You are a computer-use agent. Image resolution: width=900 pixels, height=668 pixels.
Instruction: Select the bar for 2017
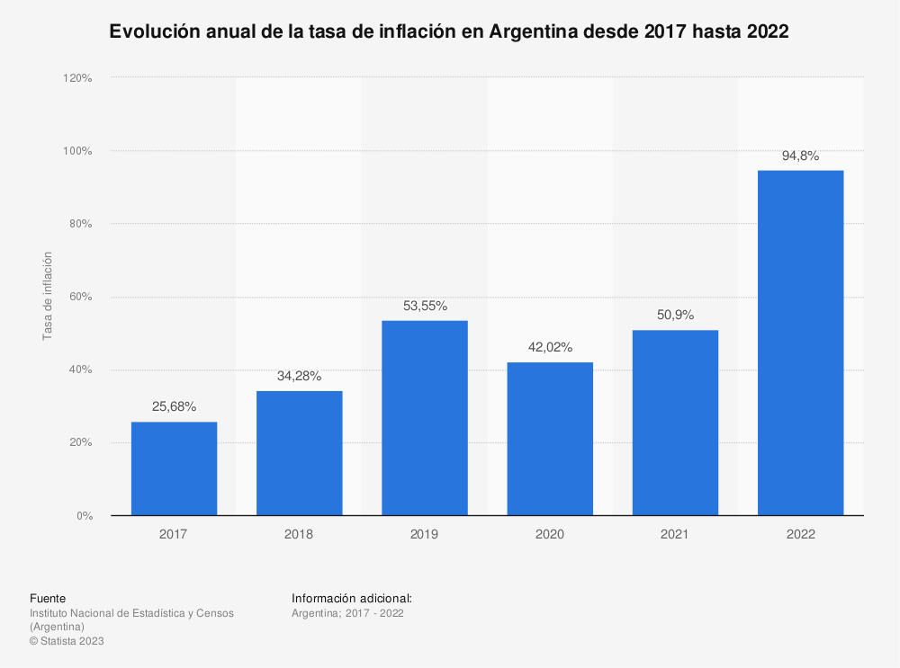pos(174,468)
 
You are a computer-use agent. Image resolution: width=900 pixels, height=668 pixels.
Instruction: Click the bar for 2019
pos(425,418)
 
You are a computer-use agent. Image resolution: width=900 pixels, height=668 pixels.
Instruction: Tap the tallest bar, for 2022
pos(800,343)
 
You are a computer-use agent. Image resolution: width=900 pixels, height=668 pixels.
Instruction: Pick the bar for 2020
pos(550,439)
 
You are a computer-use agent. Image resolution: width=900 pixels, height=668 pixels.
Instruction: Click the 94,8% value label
pos(800,156)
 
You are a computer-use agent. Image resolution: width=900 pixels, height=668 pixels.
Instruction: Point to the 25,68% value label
pos(174,407)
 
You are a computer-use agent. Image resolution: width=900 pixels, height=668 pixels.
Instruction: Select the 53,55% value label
pos(425,306)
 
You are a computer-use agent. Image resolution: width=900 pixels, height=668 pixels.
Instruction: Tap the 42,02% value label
pos(550,347)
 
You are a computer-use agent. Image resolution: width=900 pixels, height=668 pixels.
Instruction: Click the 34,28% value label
pos(299,376)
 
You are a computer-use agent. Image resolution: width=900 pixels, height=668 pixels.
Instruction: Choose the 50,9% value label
pos(675,316)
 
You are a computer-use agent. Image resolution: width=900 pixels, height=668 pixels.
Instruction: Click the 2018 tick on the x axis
pos(299,534)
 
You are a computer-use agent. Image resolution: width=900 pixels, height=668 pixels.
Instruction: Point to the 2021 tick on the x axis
pos(675,534)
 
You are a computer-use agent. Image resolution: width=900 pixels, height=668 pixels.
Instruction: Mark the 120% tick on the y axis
pos(77,78)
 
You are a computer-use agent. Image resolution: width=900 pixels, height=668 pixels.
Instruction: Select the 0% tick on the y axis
pos(84,516)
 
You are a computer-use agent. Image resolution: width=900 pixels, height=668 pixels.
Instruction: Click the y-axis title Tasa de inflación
pos(48,296)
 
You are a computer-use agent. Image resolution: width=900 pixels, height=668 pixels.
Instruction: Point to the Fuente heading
pos(48,598)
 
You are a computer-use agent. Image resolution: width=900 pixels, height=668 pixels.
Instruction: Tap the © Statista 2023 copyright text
pos(67,641)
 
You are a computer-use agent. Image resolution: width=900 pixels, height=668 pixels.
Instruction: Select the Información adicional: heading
pos(352,598)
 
